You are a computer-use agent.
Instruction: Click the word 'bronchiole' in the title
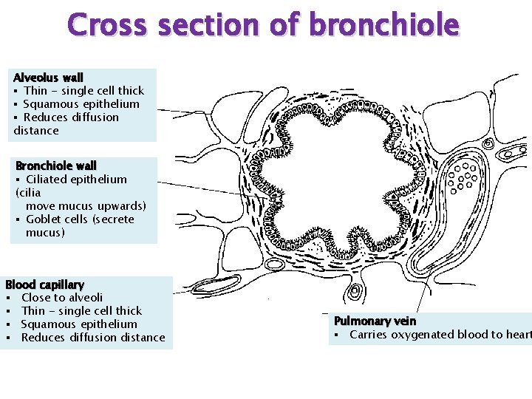(384, 24)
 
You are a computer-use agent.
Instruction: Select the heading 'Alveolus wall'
(48, 77)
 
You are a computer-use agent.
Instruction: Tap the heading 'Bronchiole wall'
(55, 166)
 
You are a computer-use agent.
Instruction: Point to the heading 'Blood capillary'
(44, 284)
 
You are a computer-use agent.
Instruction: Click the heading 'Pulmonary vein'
(375, 321)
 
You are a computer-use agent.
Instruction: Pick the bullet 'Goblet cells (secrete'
(80, 219)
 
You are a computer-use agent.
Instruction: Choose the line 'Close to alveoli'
(62, 297)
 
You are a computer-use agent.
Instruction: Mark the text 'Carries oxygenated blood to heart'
(440, 335)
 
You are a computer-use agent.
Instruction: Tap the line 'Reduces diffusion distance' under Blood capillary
(93, 337)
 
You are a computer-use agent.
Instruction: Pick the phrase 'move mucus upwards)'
(86, 205)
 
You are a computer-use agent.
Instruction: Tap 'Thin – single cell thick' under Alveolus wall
(83, 90)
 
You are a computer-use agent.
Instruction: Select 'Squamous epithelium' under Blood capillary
(79, 324)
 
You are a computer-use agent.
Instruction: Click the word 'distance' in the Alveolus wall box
(36, 130)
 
